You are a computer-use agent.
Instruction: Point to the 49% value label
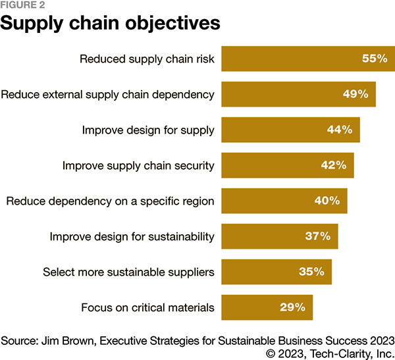[x=355, y=94]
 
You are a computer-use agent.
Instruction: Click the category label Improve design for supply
[x=148, y=130]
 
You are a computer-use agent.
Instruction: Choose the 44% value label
[x=340, y=130]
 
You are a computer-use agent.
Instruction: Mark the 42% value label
[x=333, y=165]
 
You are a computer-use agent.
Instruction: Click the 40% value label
[x=327, y=201]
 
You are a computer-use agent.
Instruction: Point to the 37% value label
[x=317, y=236]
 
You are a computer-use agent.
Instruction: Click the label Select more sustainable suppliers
[x=128, y=271]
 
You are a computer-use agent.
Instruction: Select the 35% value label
[x=311, y=271]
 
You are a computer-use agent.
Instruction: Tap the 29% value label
[x=292, y=307]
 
